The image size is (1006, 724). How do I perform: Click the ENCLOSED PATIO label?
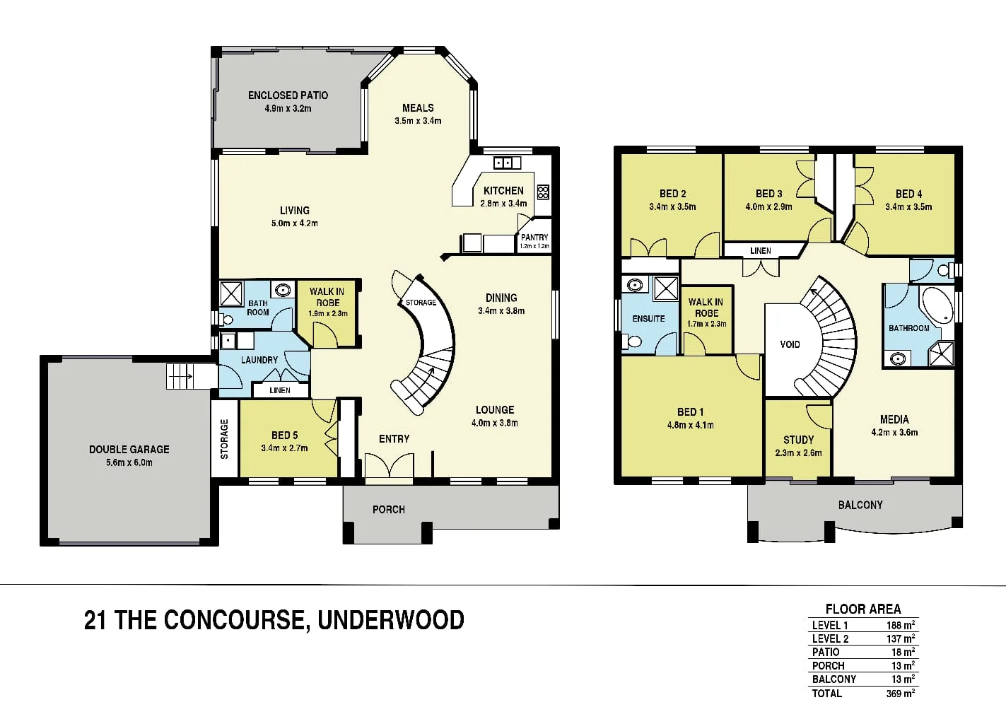pyautogui.click(x=288, y=95)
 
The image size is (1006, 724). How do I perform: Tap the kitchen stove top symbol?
pyautogui.click(x=543, y=192)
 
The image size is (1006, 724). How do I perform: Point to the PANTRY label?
pyautogui.click(x=534, y=238)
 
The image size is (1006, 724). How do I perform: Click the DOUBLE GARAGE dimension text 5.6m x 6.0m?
pyautogui.click(x=129, y=462)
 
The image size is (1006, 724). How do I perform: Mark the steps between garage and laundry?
pyautogui.click(x=180, y=375)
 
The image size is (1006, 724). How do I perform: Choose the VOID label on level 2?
pyautogui.click(x=790, y=344)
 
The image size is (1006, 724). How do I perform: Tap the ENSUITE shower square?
pyautogui.click(x=665, y=288)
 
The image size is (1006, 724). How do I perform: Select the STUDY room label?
pyautogui.click(x=798, y=440)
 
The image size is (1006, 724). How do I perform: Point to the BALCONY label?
pyautogui.click(x=860, y=505)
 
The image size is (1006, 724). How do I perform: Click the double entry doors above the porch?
pyautogui.click(x=389, y=467)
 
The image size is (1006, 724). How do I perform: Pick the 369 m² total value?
pyautogui.click(x=900, y=694)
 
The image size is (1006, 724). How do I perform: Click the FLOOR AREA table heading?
pyautogui.click(x=863, y=609)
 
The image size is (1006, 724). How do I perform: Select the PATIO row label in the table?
pyautogui.click(x=826, y=652)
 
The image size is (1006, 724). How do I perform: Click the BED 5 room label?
pyautogui.click(x=284, y=436)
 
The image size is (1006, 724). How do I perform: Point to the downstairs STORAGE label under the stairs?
pyautogui.click(x=421, y=303)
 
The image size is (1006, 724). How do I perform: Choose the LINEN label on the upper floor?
pyautogui.click(x=761, y=251)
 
